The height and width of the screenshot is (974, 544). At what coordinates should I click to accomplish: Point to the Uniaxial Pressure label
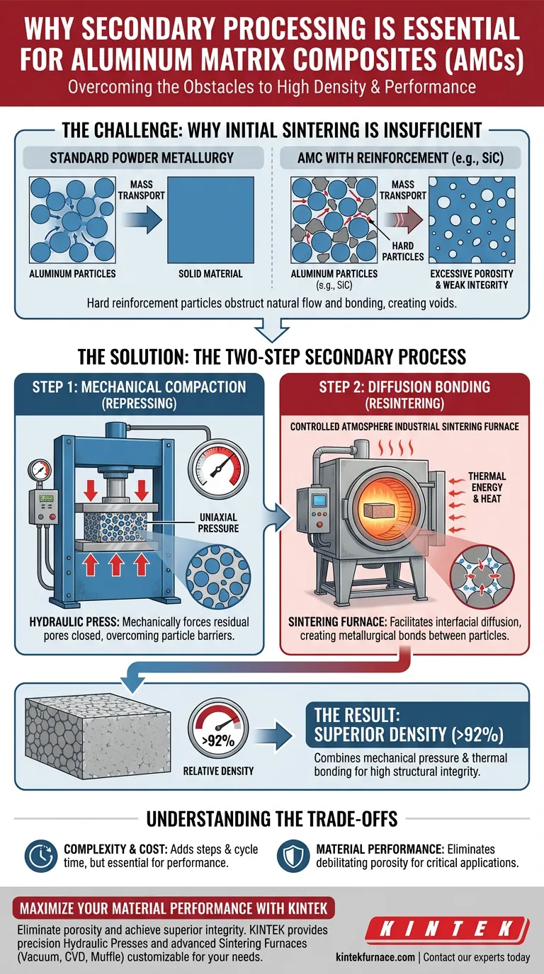[217, 523]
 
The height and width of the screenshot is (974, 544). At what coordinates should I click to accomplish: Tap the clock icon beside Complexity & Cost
[39, 856]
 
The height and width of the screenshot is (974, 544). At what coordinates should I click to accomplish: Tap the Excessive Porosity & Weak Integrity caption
[472, 279]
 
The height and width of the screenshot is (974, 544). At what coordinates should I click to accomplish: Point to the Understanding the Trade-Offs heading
[271, 820]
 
